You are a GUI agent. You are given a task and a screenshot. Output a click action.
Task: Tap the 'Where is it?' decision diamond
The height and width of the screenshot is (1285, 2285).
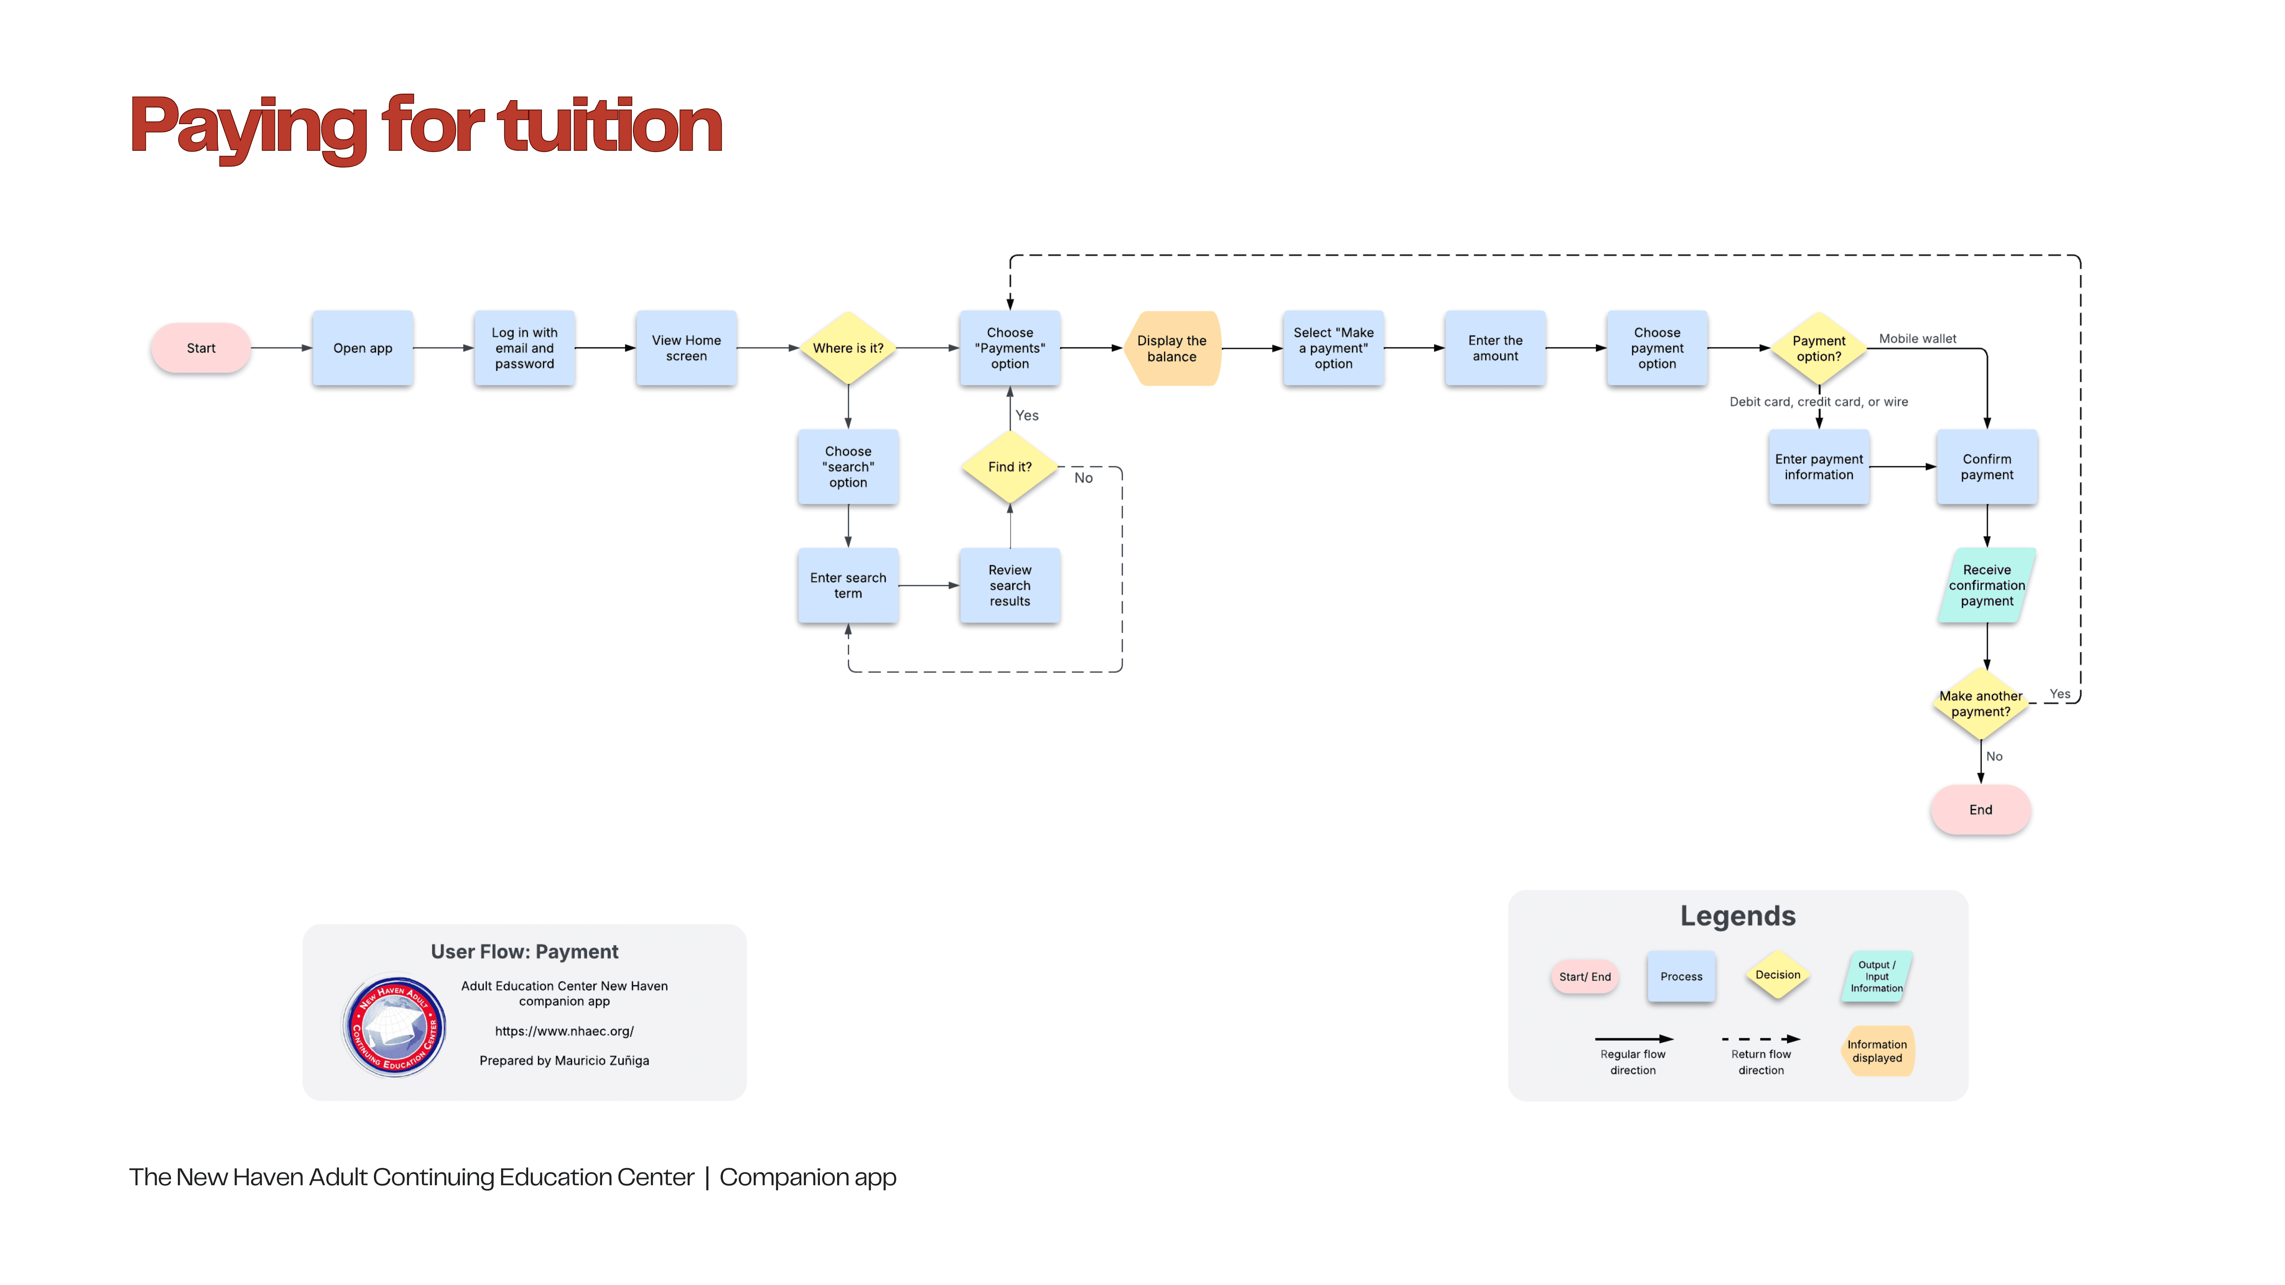848,348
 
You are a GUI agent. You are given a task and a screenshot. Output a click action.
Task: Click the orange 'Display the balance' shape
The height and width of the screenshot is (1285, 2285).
1172,348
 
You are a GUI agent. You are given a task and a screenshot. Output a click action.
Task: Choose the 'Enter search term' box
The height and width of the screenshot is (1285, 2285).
848,585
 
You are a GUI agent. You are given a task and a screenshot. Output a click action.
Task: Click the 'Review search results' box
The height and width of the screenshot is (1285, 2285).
1010,585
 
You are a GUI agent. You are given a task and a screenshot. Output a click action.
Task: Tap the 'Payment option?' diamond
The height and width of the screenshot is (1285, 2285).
1818,348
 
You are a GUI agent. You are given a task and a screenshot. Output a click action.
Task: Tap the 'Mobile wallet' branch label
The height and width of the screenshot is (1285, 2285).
1917,339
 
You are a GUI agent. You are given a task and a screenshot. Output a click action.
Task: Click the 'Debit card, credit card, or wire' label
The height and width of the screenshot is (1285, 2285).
1818,402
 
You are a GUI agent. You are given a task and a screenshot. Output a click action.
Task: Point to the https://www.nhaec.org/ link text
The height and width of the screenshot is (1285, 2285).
564,1031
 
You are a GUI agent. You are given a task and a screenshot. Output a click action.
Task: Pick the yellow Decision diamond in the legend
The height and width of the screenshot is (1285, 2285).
1778,975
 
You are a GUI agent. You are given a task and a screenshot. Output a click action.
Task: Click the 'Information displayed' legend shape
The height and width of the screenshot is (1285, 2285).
1877,1051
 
